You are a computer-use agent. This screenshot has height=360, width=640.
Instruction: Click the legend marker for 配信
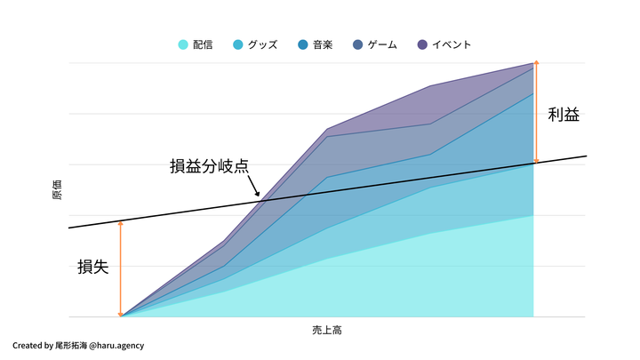click(x=183, y=44)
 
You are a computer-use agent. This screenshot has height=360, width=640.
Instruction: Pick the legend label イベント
click(x=452, y=44)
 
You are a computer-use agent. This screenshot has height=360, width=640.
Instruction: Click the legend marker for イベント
click(x=422, y=44)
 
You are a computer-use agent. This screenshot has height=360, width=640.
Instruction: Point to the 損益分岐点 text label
click(x=209, y=165)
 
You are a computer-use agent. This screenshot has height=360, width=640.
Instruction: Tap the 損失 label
click(x=93, y=266)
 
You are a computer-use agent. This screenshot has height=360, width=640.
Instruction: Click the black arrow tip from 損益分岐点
click(x=259, y=196)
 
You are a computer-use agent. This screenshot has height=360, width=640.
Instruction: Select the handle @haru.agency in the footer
click(x=117, y=345)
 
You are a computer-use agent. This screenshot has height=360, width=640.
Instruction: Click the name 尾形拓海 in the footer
click(x=72, y=345)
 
